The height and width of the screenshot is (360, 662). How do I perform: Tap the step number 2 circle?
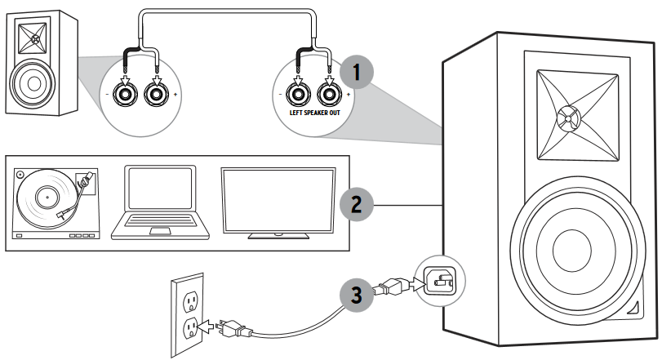tap(355, 203)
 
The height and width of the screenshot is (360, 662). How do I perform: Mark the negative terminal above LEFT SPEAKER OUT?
tap(296, 93)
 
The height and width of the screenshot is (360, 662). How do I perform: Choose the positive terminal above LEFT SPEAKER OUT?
tap(329, 93)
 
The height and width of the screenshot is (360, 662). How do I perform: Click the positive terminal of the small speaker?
tap(155, 94)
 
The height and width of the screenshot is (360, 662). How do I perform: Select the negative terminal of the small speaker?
tap(126, 94)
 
